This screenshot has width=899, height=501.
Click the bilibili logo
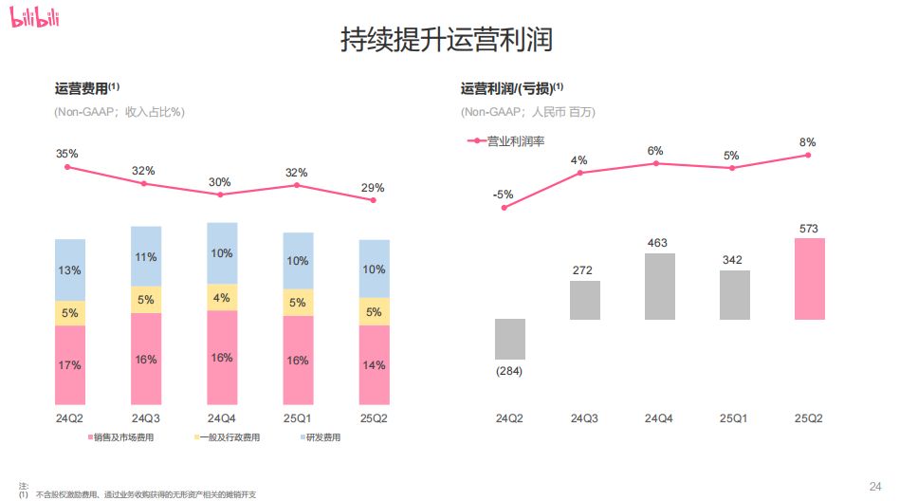point(35,18)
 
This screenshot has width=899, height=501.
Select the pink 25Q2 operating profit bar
point(810,278)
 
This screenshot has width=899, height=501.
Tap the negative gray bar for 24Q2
point(510,339)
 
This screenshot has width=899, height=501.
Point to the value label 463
point(658,243)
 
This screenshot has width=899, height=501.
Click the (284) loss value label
point(510,370)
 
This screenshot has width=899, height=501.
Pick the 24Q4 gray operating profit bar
point(659,286)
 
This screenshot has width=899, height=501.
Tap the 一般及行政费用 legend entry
point(228,437)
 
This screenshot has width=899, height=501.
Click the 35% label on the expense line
point(66,154)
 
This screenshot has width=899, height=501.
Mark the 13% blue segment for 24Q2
point(70,270)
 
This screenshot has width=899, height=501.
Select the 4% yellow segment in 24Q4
point(221,297)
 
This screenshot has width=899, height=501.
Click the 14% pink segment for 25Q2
point(374,364)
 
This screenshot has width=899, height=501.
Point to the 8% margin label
point(808,142)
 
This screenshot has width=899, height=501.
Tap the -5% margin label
point(504,195)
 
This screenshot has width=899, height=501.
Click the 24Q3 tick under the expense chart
point(146,418)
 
